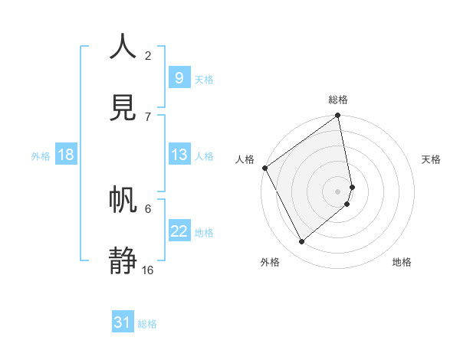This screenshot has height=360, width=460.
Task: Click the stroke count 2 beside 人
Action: click(148, 55)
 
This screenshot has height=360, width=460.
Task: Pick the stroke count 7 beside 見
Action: click(148, 116)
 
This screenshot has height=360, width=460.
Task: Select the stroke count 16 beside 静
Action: click(148, 270)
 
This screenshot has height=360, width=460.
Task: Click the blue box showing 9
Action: click(179, 78)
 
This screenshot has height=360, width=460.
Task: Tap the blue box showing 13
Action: click(179, 155)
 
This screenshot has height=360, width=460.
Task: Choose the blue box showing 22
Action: click(179, 231)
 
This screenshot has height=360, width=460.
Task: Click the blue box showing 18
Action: click(66, 155)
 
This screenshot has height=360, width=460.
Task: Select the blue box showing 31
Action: click(123, 322)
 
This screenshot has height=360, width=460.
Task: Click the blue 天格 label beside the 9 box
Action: click(204, 79)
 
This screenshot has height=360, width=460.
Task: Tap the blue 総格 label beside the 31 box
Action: click(147, 324)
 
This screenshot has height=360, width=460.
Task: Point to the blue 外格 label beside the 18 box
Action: click(41, 156)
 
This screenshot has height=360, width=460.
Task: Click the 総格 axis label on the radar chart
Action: click(338, 100)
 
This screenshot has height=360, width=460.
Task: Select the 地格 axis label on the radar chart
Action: click(402, 262)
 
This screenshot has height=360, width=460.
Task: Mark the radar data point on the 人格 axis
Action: click(264, 168)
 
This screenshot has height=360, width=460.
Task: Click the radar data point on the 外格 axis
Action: click(301, 241)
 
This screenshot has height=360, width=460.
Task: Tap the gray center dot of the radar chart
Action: click(338, 191)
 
